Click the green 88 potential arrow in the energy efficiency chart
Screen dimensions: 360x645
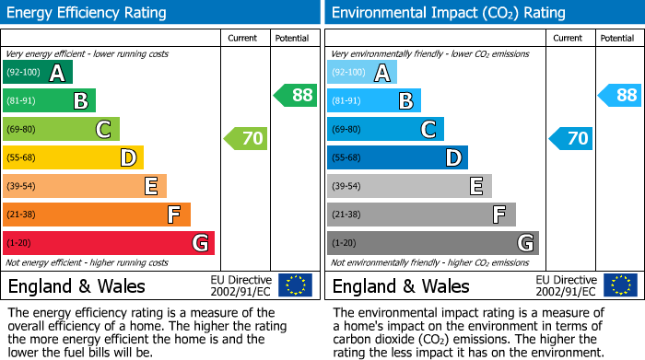[x=296, y=95]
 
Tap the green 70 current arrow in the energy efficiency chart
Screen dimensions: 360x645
[x=246, y=139]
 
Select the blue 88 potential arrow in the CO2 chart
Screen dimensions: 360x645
[x=620, y=95]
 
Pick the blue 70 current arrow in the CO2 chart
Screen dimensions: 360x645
[x=571, y=139]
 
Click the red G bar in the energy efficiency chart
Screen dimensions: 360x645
[x=109, y=243]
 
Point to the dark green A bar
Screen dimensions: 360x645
[x=38, y=73]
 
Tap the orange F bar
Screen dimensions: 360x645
[x=97, y=215]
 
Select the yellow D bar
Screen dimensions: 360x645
[x=74, y=158]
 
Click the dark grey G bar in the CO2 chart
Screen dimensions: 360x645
[x=432, y=243]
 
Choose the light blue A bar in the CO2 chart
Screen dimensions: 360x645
[x=362, y=73]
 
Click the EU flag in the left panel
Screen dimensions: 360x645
[x=295, y=285]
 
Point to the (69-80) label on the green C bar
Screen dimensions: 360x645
[x=22, y=130]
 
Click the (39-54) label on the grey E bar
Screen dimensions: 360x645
[x=347, y=187]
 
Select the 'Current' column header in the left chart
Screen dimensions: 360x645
[x=243, y=39]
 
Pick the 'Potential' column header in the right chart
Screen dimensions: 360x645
[x=617, y=39]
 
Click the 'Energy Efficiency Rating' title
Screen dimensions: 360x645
[x=87, y=13]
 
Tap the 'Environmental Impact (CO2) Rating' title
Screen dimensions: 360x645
[x=448, y=13]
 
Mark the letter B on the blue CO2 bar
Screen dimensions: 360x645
[x=405, y=101]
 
